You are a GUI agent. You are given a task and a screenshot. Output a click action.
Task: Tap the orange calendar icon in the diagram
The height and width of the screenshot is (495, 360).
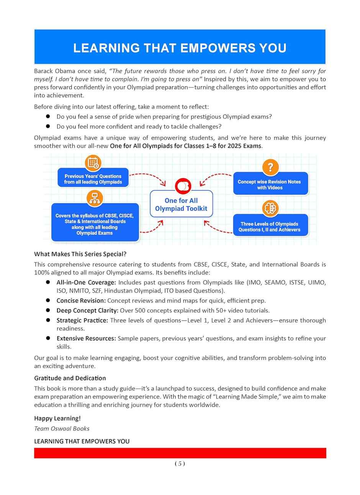point(93,163)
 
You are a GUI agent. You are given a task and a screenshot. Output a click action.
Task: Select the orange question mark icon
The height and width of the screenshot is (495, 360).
point(270,167)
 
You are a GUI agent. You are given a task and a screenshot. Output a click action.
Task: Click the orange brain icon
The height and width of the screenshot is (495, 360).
point(270,208)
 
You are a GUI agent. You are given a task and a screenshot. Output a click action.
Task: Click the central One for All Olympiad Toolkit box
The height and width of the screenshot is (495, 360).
point(181,205)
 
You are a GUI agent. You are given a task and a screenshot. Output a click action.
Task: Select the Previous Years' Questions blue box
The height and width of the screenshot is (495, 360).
point(93,179)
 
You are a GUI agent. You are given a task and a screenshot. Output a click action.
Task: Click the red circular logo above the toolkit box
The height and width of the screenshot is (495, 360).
point(183,185)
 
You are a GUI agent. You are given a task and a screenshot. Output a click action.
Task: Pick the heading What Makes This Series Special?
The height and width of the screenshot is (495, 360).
point(80,254)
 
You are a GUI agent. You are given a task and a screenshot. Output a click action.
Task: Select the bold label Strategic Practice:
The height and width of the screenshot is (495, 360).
point(82,320)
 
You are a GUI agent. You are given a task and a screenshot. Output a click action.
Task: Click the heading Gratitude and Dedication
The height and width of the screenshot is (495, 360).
point(70,378)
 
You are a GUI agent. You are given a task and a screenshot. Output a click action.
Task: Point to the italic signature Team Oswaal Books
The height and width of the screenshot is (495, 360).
point(62,428)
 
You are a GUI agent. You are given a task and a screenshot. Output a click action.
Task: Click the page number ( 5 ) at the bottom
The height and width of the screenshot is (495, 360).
point(180,464)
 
